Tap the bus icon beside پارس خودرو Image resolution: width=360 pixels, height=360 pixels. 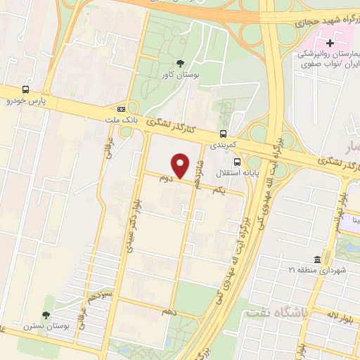(x=26, y=89)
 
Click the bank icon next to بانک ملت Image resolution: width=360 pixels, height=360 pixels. (x=122, y=109)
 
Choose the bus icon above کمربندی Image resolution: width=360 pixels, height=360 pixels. (x=223, y=133)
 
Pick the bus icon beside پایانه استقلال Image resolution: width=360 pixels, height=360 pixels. (x=236, y=160)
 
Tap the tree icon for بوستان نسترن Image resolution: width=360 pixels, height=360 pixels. (x=46, y=315)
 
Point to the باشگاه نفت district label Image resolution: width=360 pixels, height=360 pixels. (x=274, y=312)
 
